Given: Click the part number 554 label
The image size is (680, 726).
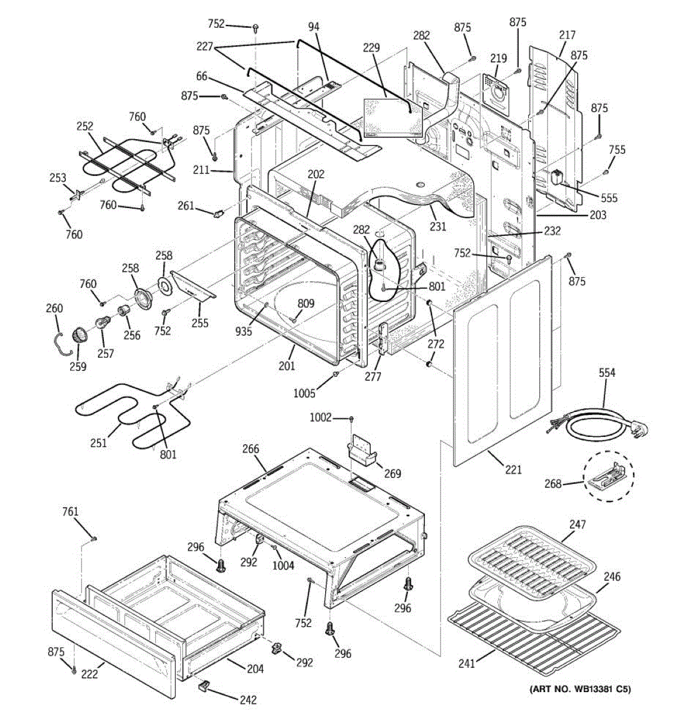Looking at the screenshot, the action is tap(606, 373).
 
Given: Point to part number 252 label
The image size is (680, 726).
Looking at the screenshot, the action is tap(85, 126).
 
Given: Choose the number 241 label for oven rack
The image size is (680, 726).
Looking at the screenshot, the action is tap(467, 663).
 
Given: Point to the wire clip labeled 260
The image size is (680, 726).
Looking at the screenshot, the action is tap(61, 344).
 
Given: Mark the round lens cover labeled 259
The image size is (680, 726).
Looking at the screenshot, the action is tap(80, 335).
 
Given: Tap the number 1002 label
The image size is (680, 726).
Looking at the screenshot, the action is tap(320, 417).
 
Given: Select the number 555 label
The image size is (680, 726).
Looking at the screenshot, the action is tap(609, 198).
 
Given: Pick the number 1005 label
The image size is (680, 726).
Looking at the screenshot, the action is tap(304, 393).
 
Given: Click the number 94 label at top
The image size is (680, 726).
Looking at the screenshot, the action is tap(314, 27).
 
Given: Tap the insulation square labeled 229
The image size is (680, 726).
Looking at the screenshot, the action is tap(393, 119).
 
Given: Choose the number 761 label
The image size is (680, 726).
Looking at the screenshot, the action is tap(70, 511).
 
